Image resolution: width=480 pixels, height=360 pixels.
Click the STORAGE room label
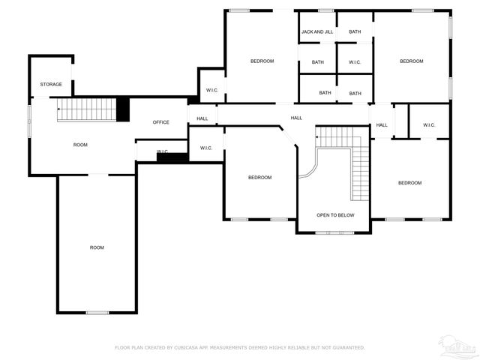point(51,84)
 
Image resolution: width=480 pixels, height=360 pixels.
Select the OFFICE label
point(160,122)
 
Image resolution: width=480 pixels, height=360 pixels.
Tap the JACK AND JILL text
point(317,32)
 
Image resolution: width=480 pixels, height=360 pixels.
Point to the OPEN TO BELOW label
point(334,215)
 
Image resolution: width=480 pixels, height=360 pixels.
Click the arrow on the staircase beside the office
point(59,109)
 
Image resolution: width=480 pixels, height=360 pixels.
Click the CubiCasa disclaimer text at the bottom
point(239,347)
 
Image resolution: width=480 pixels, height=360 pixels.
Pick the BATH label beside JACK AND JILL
point(355,32)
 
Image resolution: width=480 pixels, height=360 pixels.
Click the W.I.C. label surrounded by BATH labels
point(355,62)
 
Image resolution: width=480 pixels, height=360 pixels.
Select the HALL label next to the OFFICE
point(202,118)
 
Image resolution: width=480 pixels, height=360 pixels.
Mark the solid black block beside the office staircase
point(123,109)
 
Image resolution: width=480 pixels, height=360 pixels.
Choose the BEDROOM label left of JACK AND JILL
point(262,61)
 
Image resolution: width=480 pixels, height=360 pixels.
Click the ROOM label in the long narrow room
point(97,247)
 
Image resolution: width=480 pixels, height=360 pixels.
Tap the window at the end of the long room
point(97,312)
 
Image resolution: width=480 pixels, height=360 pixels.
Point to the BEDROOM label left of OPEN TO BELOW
point(259,178)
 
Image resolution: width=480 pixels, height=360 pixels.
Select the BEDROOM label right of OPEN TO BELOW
point(409,183)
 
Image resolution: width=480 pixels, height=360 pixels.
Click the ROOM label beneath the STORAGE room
point(80,144)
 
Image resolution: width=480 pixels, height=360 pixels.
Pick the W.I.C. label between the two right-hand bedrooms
point(429,125)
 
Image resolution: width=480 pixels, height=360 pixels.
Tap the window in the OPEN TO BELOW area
point(334,232)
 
